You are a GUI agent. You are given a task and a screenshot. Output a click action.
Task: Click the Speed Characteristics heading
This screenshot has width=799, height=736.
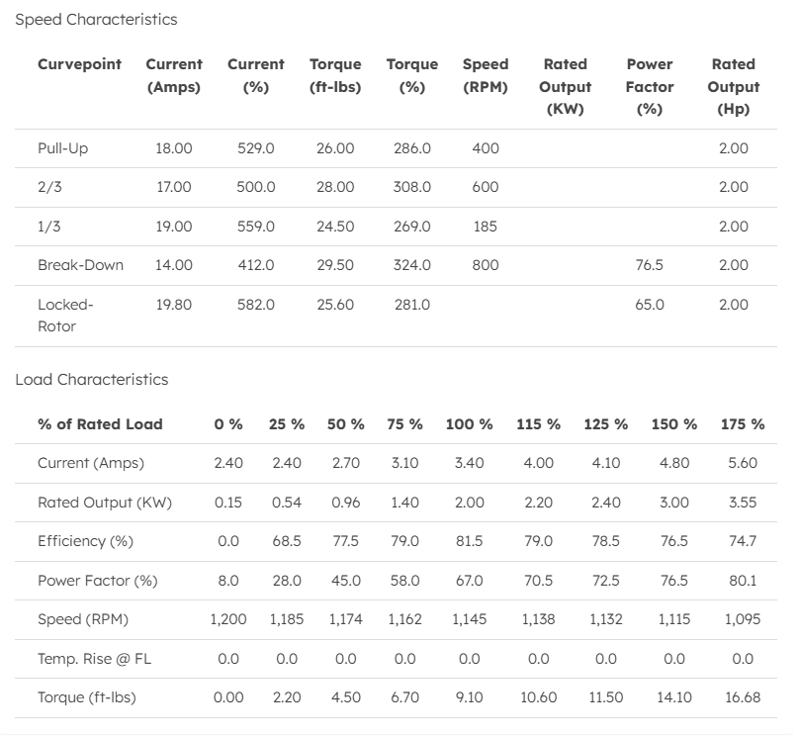[96, 19]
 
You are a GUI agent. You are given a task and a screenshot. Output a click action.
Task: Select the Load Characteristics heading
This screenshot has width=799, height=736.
[92, 379]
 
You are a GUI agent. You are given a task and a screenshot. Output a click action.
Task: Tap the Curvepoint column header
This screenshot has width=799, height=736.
[79, 64]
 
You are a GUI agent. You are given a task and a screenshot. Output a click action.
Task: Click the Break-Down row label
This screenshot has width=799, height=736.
[81, 265]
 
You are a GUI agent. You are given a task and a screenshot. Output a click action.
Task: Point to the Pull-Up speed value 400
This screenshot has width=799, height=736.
[486, 148]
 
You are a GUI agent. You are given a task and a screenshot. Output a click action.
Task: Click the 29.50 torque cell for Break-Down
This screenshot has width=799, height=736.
[335, 265]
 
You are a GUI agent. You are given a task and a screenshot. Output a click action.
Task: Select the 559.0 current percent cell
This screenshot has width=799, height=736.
[256, 227]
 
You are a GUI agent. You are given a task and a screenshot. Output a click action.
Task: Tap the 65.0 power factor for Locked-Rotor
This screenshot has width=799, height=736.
[649, 305]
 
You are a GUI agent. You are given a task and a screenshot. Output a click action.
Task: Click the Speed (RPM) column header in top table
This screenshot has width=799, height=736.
[486, 75]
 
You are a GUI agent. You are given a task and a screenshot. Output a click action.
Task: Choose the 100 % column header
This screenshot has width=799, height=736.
[469, 423]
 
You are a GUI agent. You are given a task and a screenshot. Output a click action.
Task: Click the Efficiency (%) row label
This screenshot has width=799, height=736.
[85, 541]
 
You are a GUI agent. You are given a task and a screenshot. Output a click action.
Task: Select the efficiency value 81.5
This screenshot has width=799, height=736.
[469, 541]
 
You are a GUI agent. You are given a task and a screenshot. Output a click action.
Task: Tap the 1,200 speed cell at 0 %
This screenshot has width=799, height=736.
[228, 619]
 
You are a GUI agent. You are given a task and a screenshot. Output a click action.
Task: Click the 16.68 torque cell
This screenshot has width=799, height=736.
[743, 697]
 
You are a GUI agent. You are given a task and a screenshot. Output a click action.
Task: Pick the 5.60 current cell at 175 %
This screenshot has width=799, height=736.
[743, 463]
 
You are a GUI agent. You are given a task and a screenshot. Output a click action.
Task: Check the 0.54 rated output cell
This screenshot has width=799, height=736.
[287, 503]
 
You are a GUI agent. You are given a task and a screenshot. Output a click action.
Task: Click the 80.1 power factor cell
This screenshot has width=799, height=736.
[743, 581]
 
